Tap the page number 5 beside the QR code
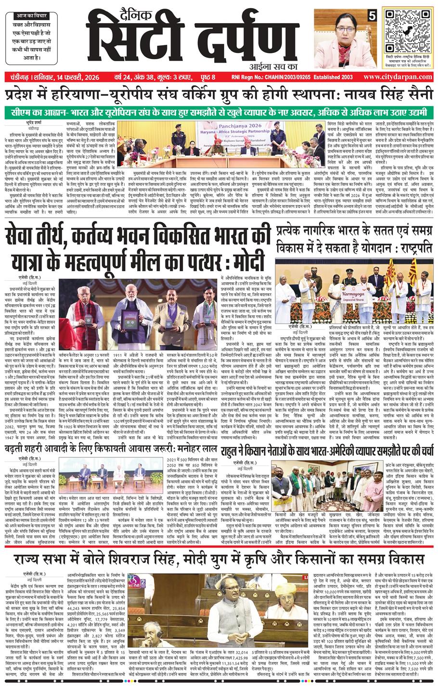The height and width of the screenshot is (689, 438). [x=372, y=14]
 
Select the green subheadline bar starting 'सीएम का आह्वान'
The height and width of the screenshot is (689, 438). [x=219, y=112]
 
